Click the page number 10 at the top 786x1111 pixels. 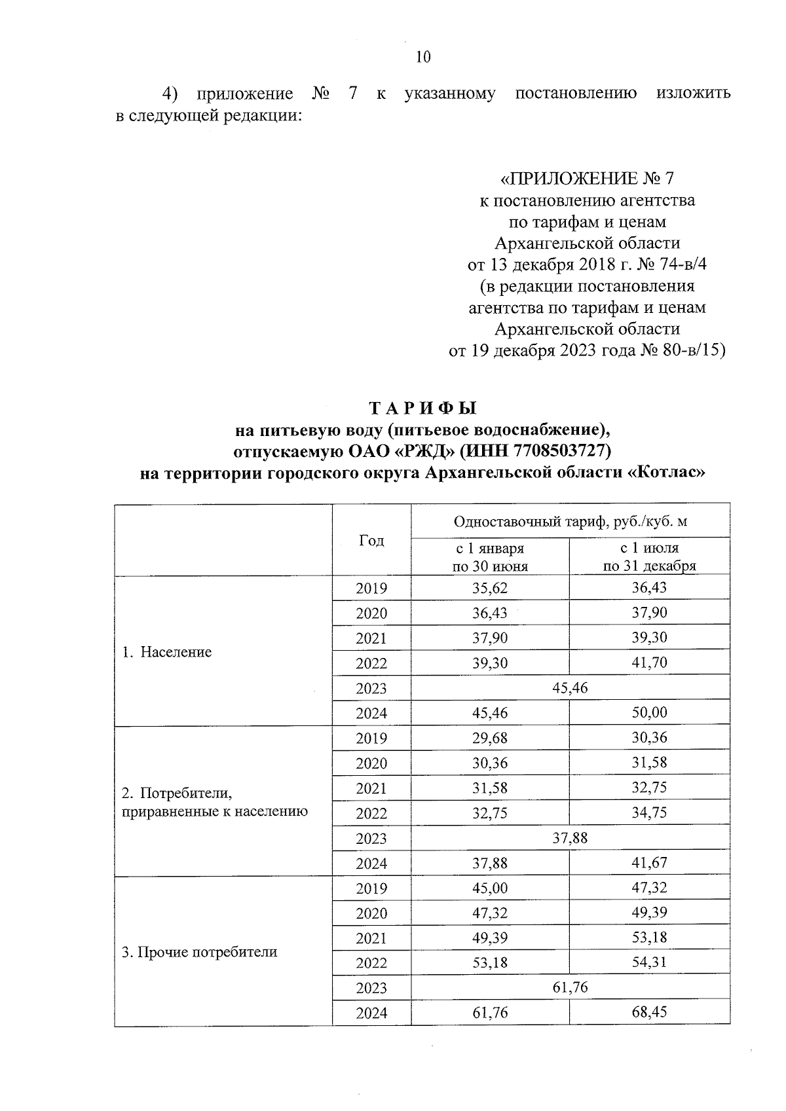click(423, 57)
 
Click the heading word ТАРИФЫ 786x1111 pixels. click(423, 409)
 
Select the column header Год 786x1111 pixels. click(371, 540)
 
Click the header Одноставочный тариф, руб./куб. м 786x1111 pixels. click(570, 521)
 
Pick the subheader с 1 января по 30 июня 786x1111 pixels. click(490, 557)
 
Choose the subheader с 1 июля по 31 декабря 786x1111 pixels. click(649, 557)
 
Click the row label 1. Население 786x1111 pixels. click(167, 652)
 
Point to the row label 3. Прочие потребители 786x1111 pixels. click(200, 952)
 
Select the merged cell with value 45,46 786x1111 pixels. click(570, 687)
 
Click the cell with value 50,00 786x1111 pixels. click(649, 712)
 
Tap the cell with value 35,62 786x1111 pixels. click(490, 588)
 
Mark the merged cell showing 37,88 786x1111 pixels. click(570, 837)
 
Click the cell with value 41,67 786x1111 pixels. click(649, 863)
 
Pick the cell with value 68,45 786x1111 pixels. click(649, 1012)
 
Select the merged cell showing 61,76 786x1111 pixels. click(570, 987)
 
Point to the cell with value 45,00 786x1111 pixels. click(490, 888)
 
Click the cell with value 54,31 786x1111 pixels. click(649, 962)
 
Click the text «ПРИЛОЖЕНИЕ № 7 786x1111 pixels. click(587, 179)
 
